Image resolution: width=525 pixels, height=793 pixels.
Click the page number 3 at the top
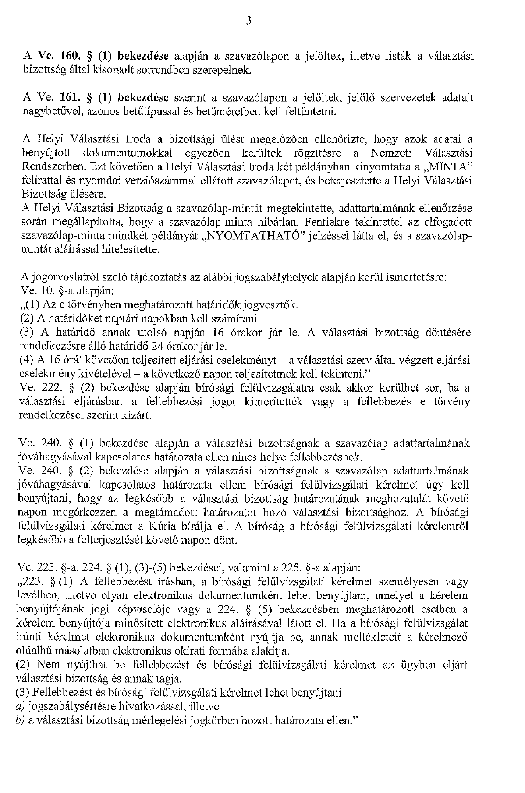pos(248,21)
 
